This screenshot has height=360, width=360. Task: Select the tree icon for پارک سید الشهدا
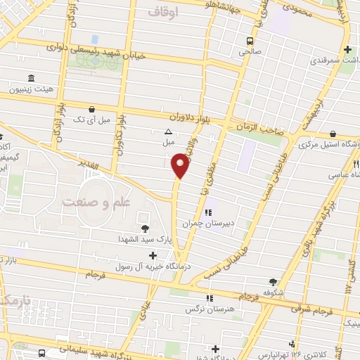pyautogui.click(x=146, y=228)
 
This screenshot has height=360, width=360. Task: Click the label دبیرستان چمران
pyautogui.click(x=207, y=225)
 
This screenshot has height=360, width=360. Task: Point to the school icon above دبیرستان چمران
pyautogui.click(x=207, y=212)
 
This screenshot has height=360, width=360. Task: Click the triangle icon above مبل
pyautogui.click(x=168, y=131)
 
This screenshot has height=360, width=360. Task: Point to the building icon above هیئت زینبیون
pyautogui.click(x=30, y=78)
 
